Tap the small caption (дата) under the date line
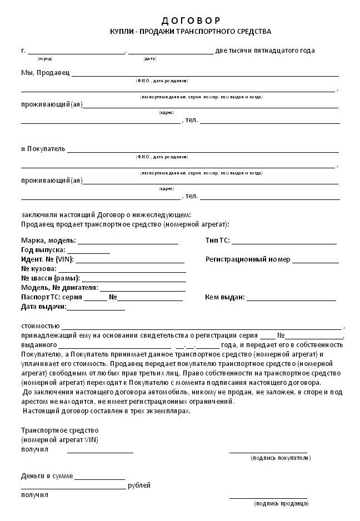(x=149, y=58)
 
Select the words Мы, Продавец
(x=46, y=73)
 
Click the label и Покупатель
(x=43, y=149)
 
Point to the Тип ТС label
(x=217, y=241)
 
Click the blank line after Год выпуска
(x=88, y=253)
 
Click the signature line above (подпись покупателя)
(x=268, y=452)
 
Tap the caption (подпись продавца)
(x=281, y=503)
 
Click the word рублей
(x=139, y=485)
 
